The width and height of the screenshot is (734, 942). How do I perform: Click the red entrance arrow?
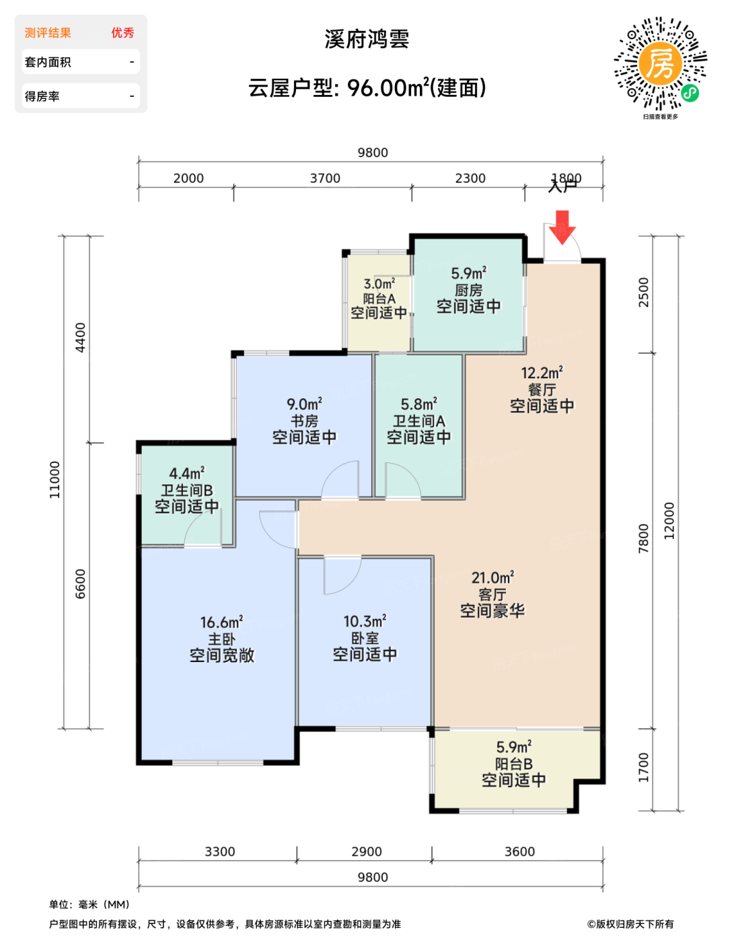click(x=562, y=227)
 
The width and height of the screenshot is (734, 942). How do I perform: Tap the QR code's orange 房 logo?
click(x=660, y=63)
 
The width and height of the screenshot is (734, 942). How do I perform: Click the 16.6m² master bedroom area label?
click(x=221, y=622)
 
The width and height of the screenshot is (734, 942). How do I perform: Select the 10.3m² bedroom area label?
click(x=365, y=622)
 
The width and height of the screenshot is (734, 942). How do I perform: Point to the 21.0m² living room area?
click(x=492, y=578)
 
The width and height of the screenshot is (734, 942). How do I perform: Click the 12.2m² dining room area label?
click(x=542, y=373)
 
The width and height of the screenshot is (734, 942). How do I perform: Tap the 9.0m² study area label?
click(x=304, y=404)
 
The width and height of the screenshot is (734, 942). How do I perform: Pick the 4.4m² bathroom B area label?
click(x=187, y=474)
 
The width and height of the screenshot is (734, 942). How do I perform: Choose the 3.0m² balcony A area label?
click(x=379, y=285)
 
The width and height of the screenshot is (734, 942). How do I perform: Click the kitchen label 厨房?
click(x=468, y=290)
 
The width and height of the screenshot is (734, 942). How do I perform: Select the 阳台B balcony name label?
click(x=514, y=764)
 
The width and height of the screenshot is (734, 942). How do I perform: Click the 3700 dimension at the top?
click(x=325, y=178)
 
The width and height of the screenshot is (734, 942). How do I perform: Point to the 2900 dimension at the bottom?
click(x=367, y=851)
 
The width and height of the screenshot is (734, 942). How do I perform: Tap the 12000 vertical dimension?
click(x=669, y=521)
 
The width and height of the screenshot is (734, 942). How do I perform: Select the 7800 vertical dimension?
click(x=644, y=538)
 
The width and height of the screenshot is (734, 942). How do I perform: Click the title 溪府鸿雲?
click(x=367, y=40)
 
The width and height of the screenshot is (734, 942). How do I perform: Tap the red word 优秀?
click(x=122, y=33)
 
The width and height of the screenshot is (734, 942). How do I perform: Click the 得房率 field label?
click(x=42, y=96)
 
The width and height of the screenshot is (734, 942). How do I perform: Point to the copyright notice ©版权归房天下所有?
click(x=630, y=924)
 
